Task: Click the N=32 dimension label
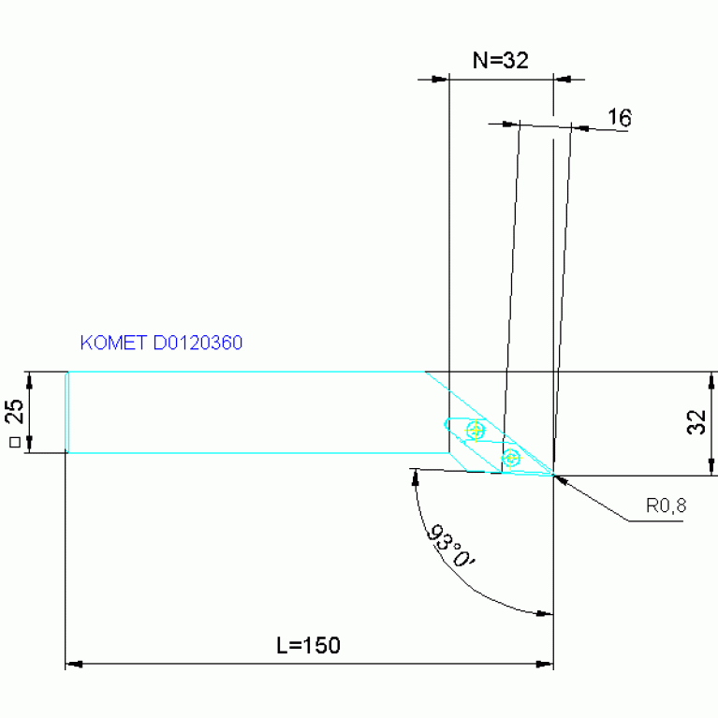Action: [x=501, y=61]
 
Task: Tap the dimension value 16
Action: [x=619, y=118]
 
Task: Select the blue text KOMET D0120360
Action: [x=162, y=344]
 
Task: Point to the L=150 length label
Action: [x=308, y=645]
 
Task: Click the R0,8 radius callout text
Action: [x=666, y=506]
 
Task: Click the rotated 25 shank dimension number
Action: [x=13, y=412]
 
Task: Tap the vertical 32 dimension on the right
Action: [x=696, y=422]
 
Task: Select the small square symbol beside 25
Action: [x=13, y=442]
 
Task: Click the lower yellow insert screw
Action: [x=511, y=458]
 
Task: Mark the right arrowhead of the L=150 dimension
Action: [x=545, y=665]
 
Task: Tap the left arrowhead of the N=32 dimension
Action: [x=439, y=80]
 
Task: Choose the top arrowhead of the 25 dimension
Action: [x=30, y=378]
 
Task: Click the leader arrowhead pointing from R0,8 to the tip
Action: [x=562, y=479]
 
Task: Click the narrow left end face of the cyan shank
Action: [x=67, y=412]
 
